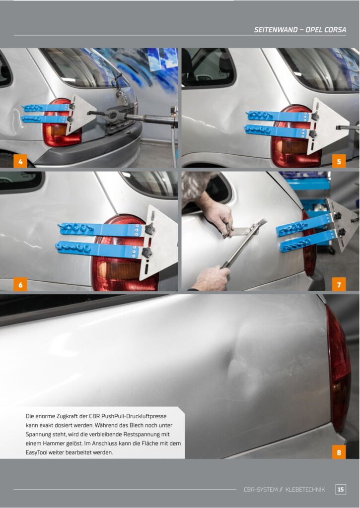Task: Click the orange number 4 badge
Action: [20, 161]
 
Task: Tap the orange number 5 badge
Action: [339, 161]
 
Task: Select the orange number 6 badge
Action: [20, 284]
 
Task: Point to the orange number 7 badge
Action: [339, 284]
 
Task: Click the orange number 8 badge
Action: [339, 452]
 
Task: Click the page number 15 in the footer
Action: [340, 489]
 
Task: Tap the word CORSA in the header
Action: [335, 30]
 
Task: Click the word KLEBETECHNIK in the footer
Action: [305, 490]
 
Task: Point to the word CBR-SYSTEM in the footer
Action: [260, 490]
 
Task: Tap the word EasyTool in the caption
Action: [36, 452]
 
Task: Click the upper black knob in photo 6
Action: [149, 229]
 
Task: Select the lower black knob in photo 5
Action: [312, 134]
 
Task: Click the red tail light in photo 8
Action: [338, 369]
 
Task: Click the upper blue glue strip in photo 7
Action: [304, 225]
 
